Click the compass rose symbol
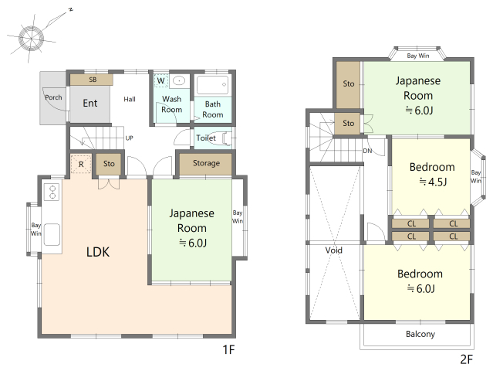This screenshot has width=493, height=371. pyautogui.click(x=32, y=38)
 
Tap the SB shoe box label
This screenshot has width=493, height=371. pyautogui.click(x=93, y=80)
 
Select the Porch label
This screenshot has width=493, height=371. pyautogui.click(x=53, y=97)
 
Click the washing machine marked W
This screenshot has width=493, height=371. pyautogui.click(x=161, y=80)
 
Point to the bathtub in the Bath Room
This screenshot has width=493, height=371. pyautogui.click(x=212, y=84)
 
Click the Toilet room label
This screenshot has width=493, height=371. pyautogui.click(x=206, y=138)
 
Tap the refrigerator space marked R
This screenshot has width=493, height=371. pyautogui.click(x=81, y=164)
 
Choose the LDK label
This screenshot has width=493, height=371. pyautogui.click(x=98, y=252)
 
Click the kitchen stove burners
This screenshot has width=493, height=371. pyautogui.click(x=52, y=192)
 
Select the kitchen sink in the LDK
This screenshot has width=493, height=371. pyautogui.click(x=52, y=235)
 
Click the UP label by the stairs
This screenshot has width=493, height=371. pyautogui.click(x=129, y=138)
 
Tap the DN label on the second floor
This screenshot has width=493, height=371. pyautogui.click(x=367, y=151)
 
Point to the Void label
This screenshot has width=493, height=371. pyautogui.click(x=333, y=250)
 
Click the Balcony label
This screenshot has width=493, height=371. pyautogui.click(x=420, y=334)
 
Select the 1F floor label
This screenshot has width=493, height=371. pyautogui.click(x=228, y=349)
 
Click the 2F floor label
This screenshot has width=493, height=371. pyautogui.click(x=467, y=359)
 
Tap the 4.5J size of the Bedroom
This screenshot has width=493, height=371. pyautogui.click(x=433, y=182)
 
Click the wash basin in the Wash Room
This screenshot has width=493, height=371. pyautogui.click(x=180, y=81)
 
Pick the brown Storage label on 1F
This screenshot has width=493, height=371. pyautogui.click(x=206, y=163)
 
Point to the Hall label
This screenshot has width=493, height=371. pyautogui.click(x=130, y=99)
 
